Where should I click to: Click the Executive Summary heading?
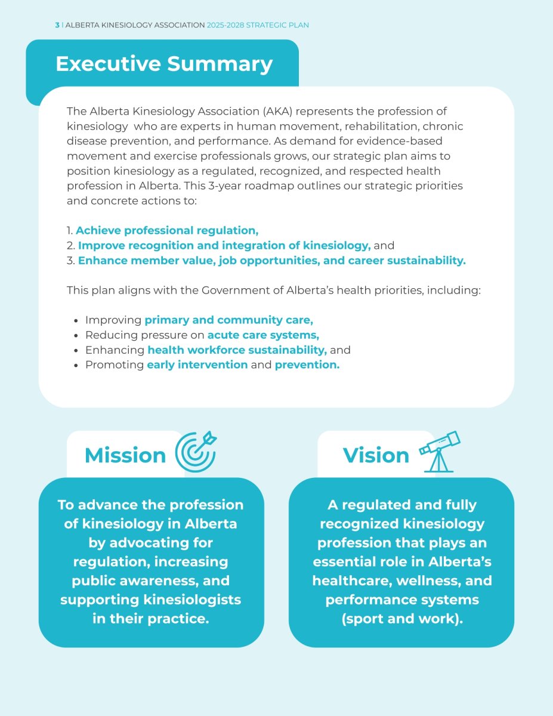[x=163, y=64]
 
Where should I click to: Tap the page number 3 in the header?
[x=57, y=25]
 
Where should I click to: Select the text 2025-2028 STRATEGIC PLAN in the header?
[x=258, y=25]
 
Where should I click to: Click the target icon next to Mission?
[x=195, y=453]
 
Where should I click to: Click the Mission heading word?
[x=125, y=455]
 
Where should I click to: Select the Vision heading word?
[x=376, y=455]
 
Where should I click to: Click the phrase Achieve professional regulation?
[x=167, y=230]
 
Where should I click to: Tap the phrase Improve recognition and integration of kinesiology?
[x=224, y=245]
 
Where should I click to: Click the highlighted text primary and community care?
[x=228, y=320]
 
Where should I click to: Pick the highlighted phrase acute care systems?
[x=263, y=335]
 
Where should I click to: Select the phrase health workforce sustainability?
[x=237, y=350]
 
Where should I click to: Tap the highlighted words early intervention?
[x=197, y=365]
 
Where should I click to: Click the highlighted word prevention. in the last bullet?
[x=307, y=365]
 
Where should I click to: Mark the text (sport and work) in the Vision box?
[x=402, y=618]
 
